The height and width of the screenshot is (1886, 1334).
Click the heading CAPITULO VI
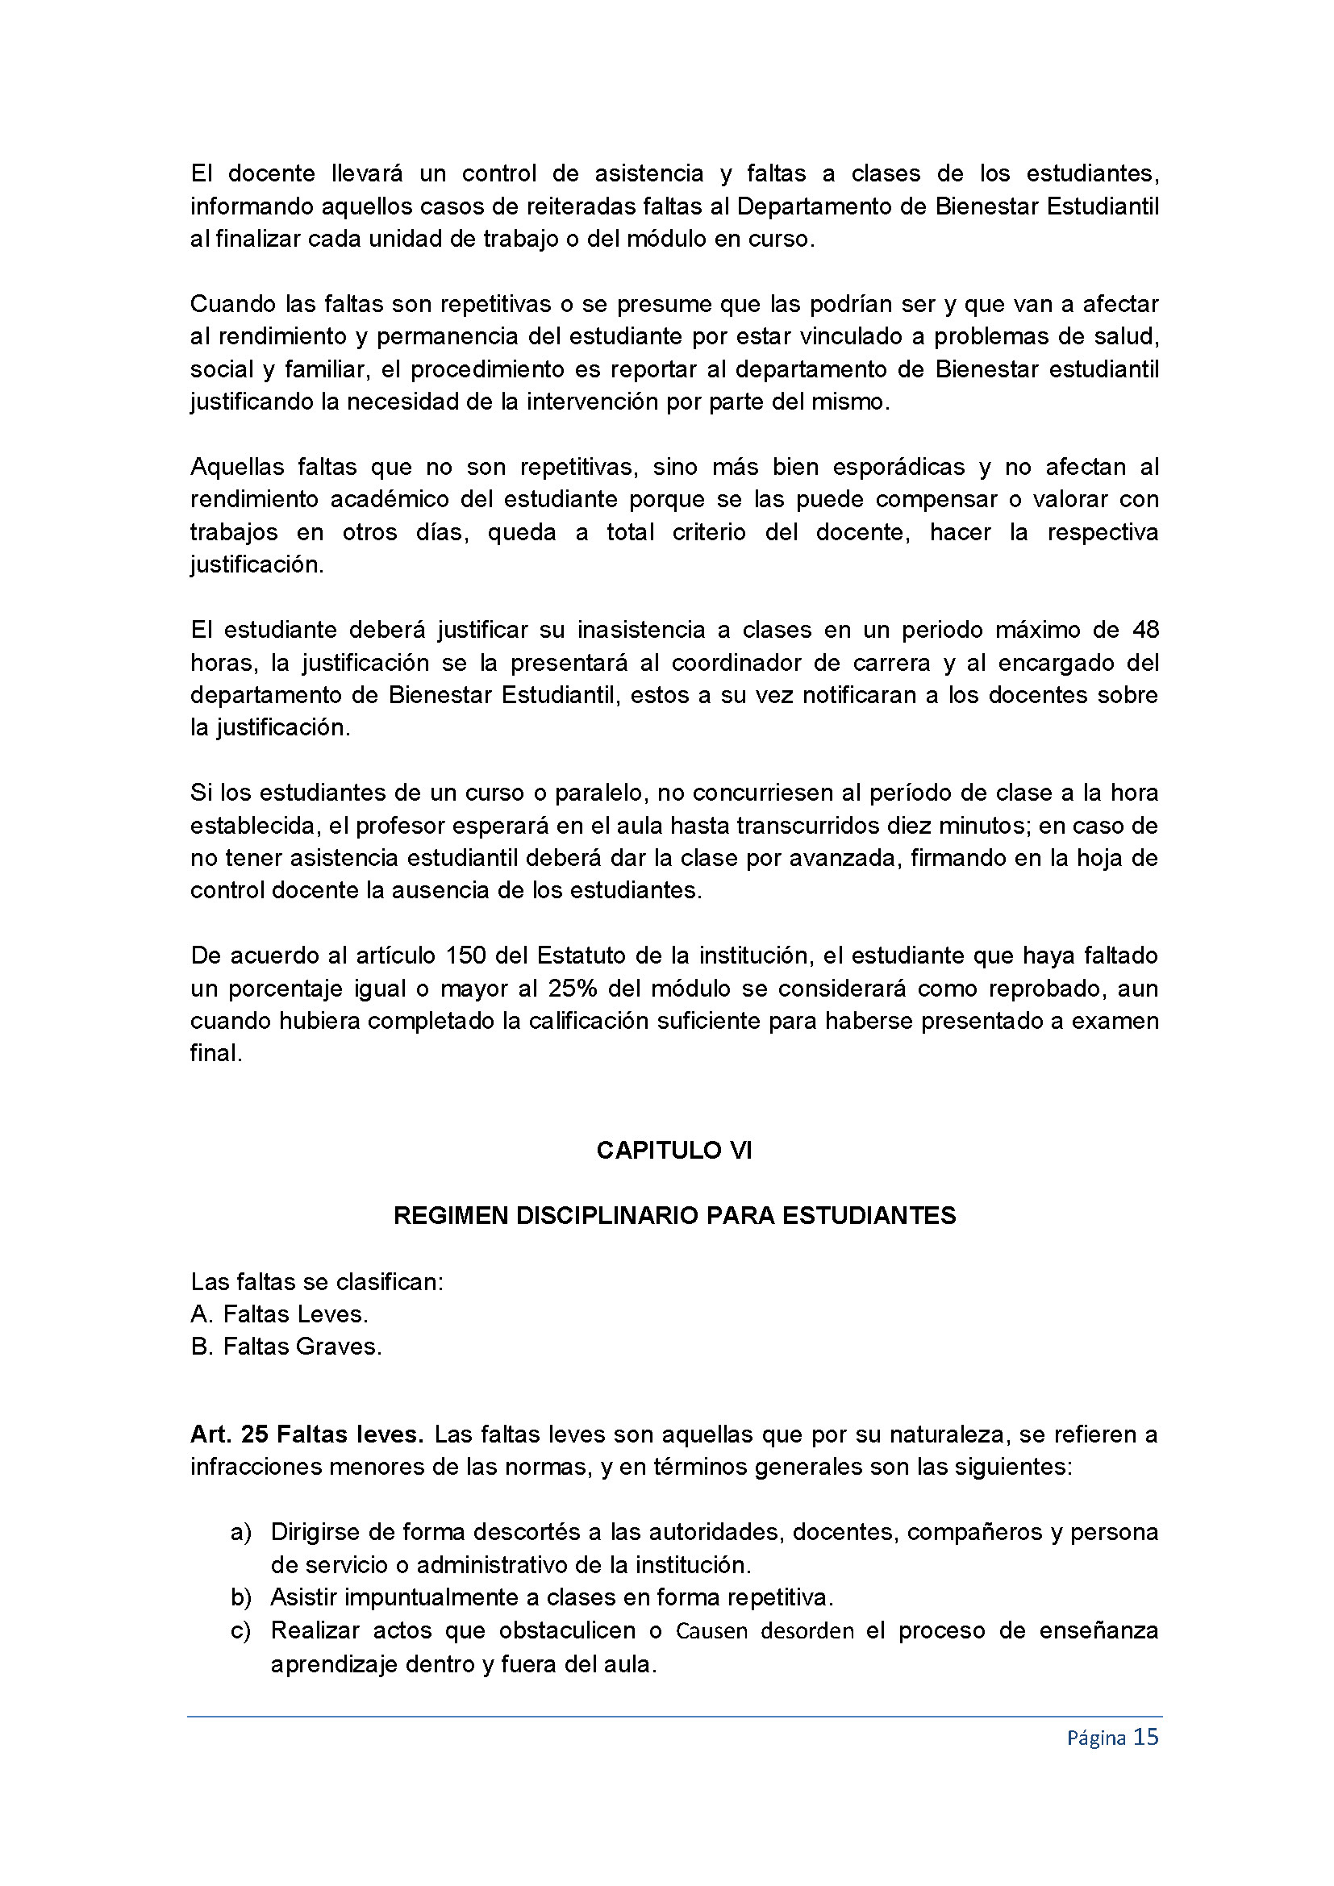click(673, 1151)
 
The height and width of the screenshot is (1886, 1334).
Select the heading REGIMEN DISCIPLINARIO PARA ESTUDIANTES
click(673, 1216)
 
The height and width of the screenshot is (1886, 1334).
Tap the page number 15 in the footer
click(1145, 1738)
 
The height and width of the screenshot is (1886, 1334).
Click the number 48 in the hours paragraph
click(1145, 630)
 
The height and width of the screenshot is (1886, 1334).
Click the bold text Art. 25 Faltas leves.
click(306, 1434)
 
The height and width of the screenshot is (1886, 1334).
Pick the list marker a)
click(240, 1532)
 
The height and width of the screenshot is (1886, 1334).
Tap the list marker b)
click(240, 1597)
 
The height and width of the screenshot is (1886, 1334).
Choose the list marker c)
click(240, 1630)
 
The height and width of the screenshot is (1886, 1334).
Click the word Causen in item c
click(711, 1630)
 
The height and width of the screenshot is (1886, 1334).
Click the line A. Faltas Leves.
click(279, 1314)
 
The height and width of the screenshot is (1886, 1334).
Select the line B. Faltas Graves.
click(286, 1347)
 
